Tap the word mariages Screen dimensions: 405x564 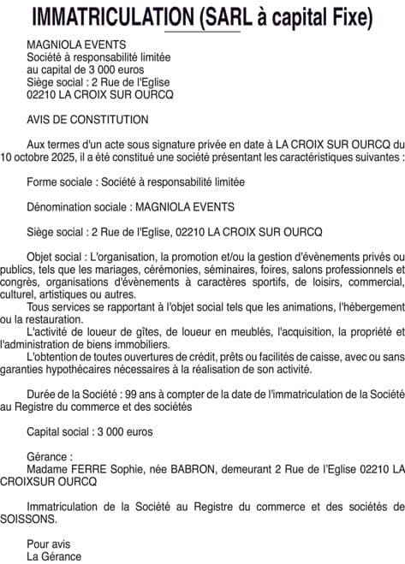coord(110,269)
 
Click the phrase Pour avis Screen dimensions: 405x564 coord(49,543)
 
